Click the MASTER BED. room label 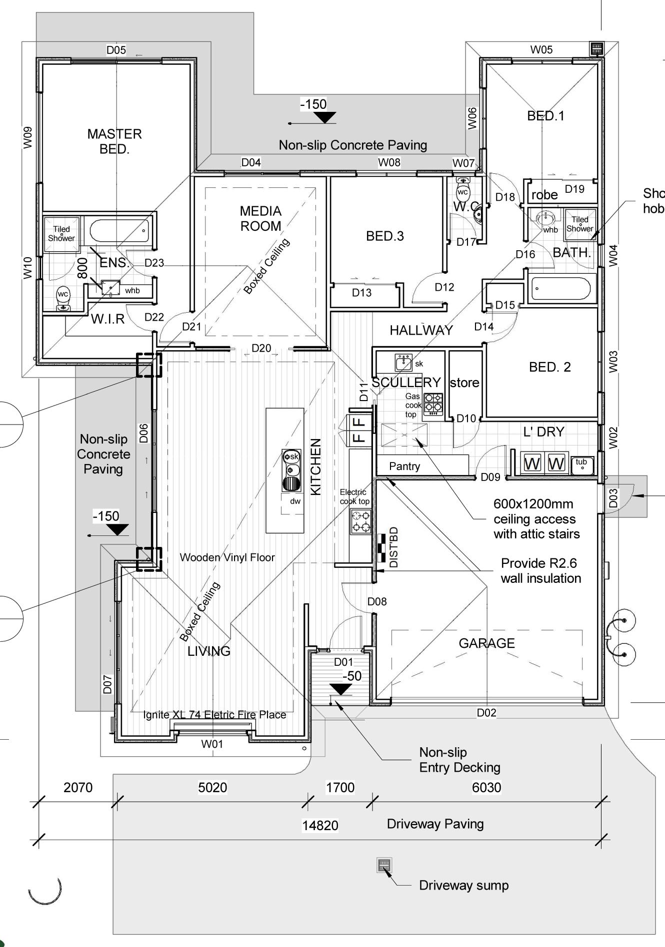pyautogui.click(x=114, y=141)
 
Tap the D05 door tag pyautogui.click(x=116, y=50)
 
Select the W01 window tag pyautogui.click(x=212, y=744)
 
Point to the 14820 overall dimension pyautogui.click(x=320, y=826)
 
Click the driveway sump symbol pyautogui.click(x=384, y=865)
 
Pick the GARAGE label pyautogui.click(x=486, y=643)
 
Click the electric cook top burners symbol pyautogui.click(x=360, y=521)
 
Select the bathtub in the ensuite pyautogui.click(x=120, y=231)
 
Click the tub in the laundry pyautogui.click(x=582, y=465)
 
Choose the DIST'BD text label pyautogui.click(x=394, y=547)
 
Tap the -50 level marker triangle pyautogui.click(x=341, y=689)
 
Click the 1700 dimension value pyautogui.click(x=340, y=788)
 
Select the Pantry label pyautogui.click(x=404, y=467)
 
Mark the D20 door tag pyautogui.click(x=261, y=348)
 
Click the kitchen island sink pyautogui.click(x=290, y=463)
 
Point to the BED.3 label pyautogui.click(x=385, y=236)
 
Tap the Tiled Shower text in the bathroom pyautogui.click(x=580, y=224)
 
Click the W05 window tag pyautogui.click(x=541, y=49)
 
